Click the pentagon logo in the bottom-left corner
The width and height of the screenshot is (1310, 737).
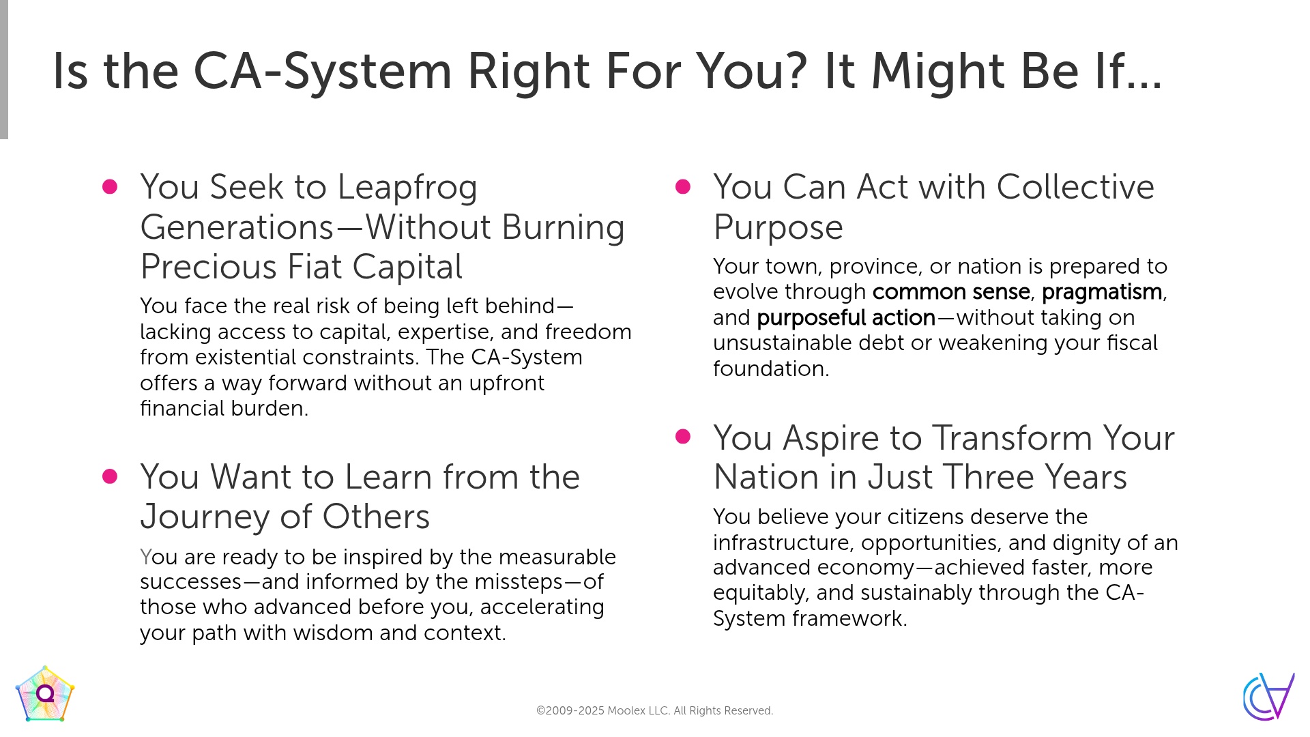coord(45,694)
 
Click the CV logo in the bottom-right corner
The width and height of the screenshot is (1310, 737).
coord(1268,696)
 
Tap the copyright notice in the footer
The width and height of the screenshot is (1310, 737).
coord(654,710)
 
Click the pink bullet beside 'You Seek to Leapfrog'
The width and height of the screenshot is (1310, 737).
coord(110,187)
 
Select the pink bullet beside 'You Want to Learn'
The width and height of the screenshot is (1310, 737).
coord(110,476)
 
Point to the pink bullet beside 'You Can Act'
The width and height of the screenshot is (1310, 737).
coord(683,187)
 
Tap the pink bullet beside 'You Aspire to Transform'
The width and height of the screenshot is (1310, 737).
coord(683,437)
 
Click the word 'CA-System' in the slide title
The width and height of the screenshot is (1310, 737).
coord(323,71)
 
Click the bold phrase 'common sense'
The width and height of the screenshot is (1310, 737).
coord(951,292)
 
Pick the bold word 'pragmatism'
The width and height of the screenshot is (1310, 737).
coord(1102,292)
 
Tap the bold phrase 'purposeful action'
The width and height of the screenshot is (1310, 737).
coord(846,318)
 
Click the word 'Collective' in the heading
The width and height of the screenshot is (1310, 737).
coord(1075,187)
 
